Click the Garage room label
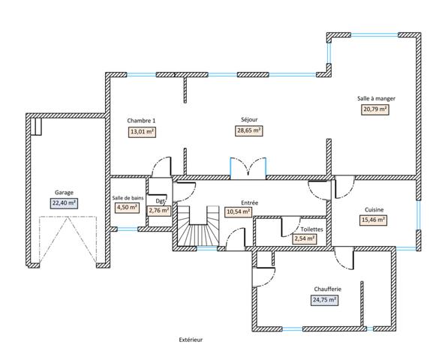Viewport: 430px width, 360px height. (64, 193)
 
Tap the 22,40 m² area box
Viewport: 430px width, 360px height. (64, 203)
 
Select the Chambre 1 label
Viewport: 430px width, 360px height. (141, 121)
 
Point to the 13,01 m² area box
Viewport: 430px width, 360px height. (142, 132)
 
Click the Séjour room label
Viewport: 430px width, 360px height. (249, 120)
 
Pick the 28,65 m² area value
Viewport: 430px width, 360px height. (248, 130)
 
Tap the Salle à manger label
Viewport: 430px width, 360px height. (376, 98)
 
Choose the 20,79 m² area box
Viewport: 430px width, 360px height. (375, 109)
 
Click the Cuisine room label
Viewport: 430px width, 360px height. (374, 210)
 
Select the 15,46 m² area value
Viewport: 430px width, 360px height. (373, 220)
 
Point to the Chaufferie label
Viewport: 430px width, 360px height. (328, 289)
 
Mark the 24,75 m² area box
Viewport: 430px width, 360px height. (324, 300)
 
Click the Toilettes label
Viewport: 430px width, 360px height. (311, 229)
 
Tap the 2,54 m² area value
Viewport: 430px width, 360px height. (305, 238)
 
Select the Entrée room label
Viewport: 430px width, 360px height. (250, 202)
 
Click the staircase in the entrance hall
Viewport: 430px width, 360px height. (198, 226)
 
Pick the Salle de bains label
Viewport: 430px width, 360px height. (128, 198)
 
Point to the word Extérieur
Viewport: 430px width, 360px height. (191, 340)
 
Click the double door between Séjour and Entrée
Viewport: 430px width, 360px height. (248, 169)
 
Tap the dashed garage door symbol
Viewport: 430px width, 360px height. (68, 239)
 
